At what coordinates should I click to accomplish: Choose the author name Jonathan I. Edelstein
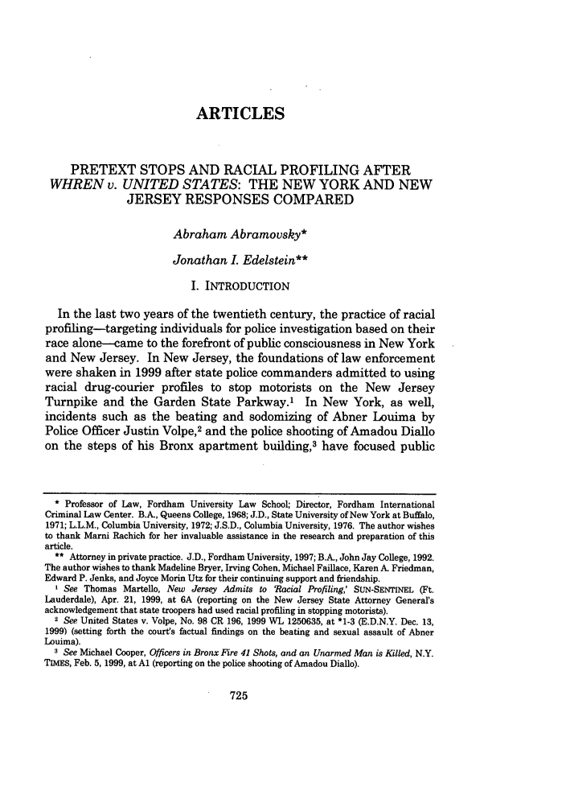240,261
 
